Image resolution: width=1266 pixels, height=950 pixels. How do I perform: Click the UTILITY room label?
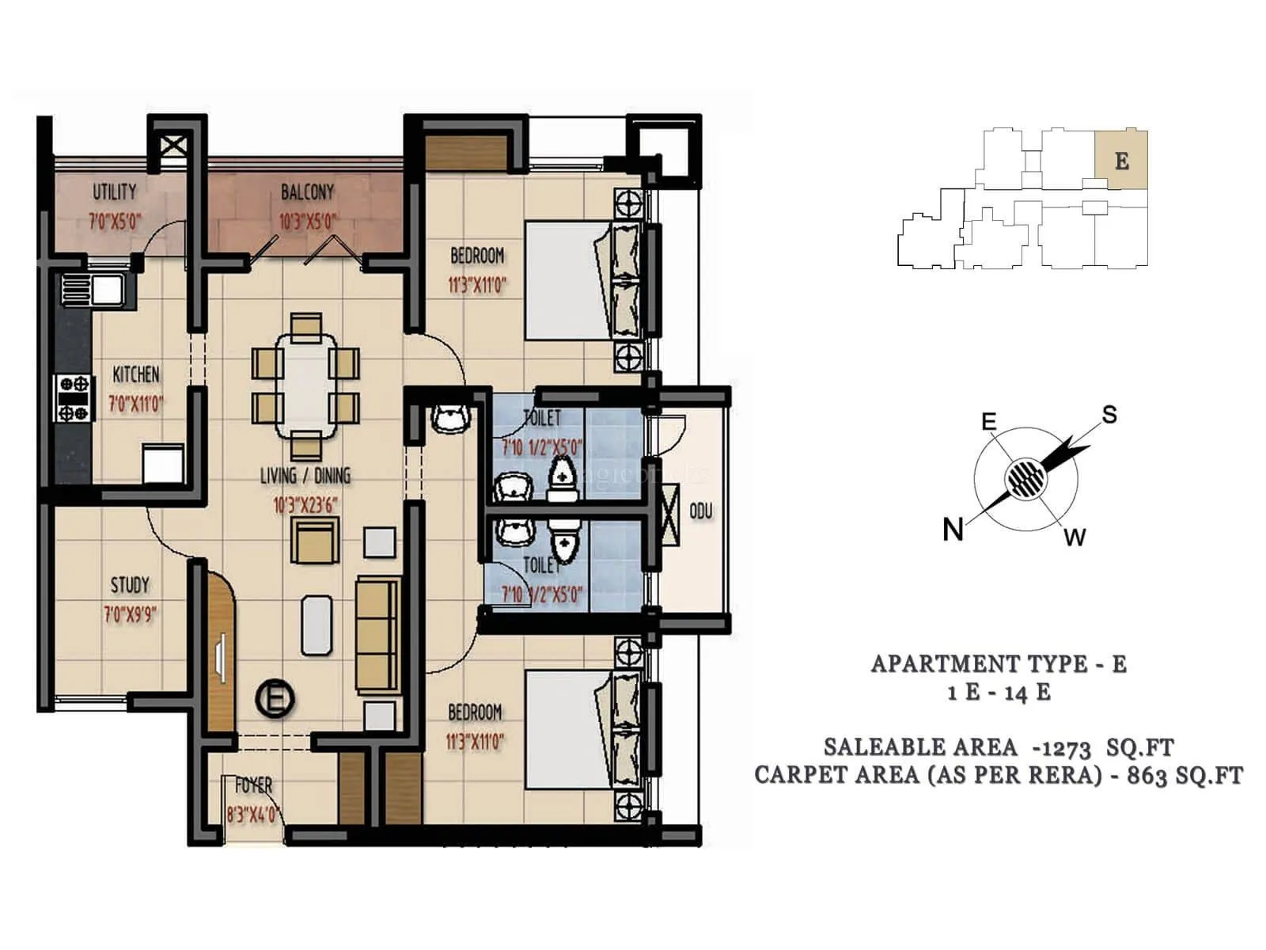114,192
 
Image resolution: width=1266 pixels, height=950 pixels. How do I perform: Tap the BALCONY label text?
307,192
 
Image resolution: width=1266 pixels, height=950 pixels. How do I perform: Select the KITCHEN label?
135,374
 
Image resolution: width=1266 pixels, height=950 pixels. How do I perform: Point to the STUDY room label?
130,585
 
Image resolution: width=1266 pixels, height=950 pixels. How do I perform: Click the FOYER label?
253,785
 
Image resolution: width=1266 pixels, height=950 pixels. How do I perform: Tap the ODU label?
701,511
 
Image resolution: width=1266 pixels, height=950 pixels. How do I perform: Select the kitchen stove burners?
74,398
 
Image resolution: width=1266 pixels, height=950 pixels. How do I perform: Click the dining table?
306,385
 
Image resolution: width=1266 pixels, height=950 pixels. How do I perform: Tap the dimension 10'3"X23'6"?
305,505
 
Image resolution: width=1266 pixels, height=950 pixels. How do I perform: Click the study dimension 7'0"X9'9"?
130,614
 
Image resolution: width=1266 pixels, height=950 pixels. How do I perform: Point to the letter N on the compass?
953,529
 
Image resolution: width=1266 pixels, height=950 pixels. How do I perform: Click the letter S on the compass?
1109,415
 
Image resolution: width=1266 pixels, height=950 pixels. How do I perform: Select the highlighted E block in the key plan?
1120,160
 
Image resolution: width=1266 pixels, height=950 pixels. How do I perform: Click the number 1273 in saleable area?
1066,748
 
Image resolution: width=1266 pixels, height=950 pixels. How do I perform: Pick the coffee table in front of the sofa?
316,625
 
